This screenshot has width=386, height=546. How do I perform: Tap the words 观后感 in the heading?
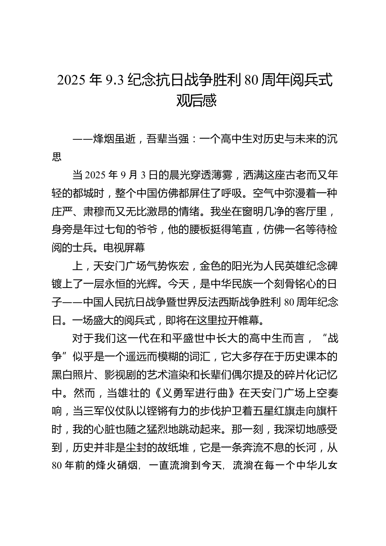click(196, 100)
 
